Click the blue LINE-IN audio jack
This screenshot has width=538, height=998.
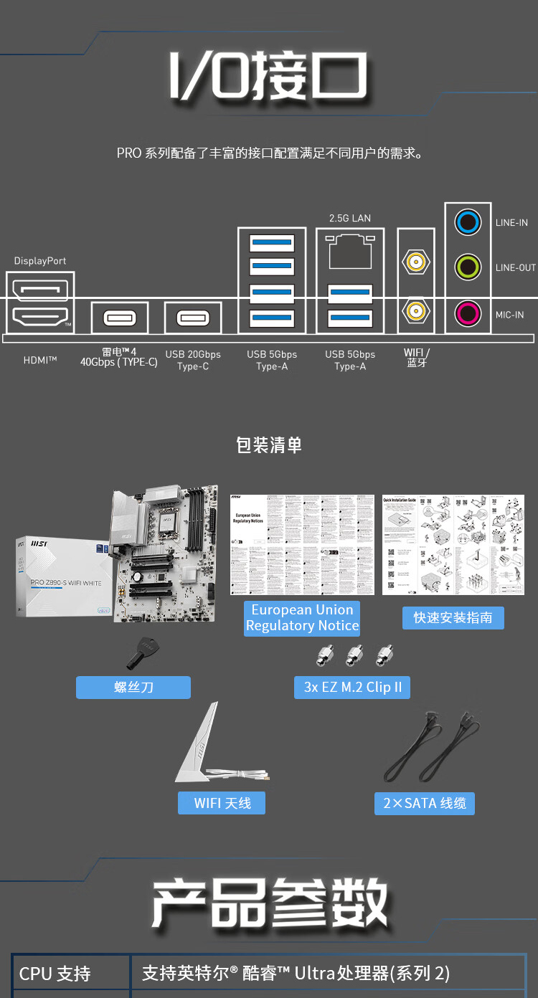(x=468, y=223)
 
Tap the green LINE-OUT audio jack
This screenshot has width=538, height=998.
(x=468, y=268)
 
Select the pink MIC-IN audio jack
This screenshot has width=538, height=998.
(x=468, y=313)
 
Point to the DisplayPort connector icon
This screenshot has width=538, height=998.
(x=40, y=289)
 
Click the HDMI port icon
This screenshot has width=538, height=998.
(x=40, y=315)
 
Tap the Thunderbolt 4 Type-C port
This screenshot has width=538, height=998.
(x=120, y=317)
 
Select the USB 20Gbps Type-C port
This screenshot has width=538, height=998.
(x=193, y=317)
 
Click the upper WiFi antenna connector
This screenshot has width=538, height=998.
(x=415, y=262)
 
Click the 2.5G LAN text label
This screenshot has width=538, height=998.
(x=350, y=218)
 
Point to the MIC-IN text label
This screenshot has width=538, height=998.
(x=509, y=315)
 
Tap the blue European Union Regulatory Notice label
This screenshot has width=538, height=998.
(x=302, y=618)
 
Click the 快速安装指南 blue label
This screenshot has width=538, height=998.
(x=453, y=618)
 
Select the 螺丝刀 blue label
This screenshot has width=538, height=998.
(x=133, y=688)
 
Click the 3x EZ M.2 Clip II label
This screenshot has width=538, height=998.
(x=352, y=688)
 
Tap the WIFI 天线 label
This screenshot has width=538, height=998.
(x=222, y=803)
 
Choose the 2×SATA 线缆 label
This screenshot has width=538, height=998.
(x=424, y=803)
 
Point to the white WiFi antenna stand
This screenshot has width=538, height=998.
(x=201, y=746)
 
